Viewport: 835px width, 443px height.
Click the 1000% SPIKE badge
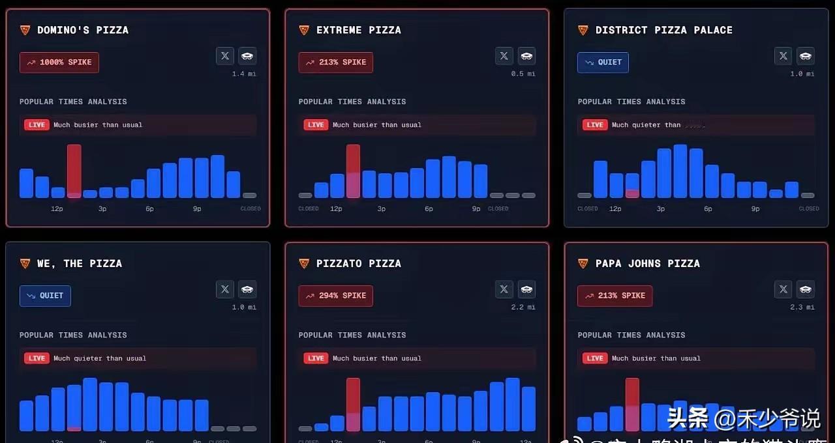pyautogui.click(x=59, y=63)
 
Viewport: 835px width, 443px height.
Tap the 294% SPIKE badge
pyautogui.click(x=336, y=296)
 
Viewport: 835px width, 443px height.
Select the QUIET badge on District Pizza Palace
pyautogui.click(x=603, y=63)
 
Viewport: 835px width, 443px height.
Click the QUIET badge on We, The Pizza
pyautogui.click(x=45, y=296)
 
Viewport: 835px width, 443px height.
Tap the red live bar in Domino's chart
pyautogui.click(x=74, y=171)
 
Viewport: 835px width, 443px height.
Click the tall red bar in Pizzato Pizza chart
pyautogui.click(x=353, y=404)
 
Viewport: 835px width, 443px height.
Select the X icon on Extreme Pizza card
pyautogui.click(x=504, y=56)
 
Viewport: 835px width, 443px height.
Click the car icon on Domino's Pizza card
pyautogui.click(x=247, y=56)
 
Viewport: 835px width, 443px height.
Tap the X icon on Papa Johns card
pyautogui.click(x=783, y=289)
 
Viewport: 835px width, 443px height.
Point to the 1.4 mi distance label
pyautogui.click(x=244, y=74)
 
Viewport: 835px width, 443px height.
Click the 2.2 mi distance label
pyautogui.click(x=523, y=307)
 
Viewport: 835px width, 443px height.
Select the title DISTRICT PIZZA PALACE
pyautogui.click(x=663, y=30)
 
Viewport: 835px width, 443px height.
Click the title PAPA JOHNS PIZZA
pyautogui.click(x=647, y=263)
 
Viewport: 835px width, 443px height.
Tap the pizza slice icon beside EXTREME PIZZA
pyautogui.click(x=304, y=30)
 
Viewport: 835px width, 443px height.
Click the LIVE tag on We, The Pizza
pyautogui.click(x=37, y=358)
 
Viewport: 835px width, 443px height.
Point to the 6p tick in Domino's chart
pyautogui.click(x=149, y=209)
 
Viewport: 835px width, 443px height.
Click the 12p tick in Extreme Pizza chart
pyautogui.click(x=336, y=209)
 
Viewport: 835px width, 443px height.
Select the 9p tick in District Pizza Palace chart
pyautogui.click(x=755, y=209)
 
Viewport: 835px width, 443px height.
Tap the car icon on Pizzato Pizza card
pyautogui.click(x=526, y=289)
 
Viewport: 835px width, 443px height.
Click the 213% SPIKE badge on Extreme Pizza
pyautogui.click(x=336, y=63)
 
